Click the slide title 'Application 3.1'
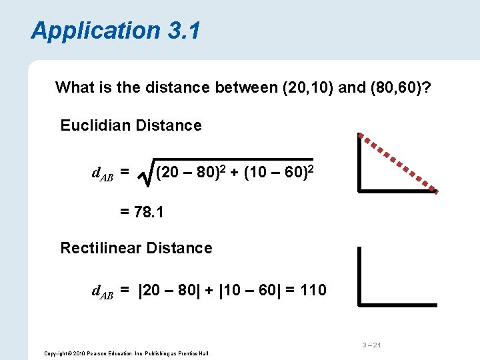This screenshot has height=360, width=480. [115, 31]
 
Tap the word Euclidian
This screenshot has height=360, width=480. [92, 125]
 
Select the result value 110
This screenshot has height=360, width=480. [313, 290]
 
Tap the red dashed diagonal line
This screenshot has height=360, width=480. [398, 163]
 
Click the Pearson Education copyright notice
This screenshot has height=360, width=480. [126, 353]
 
